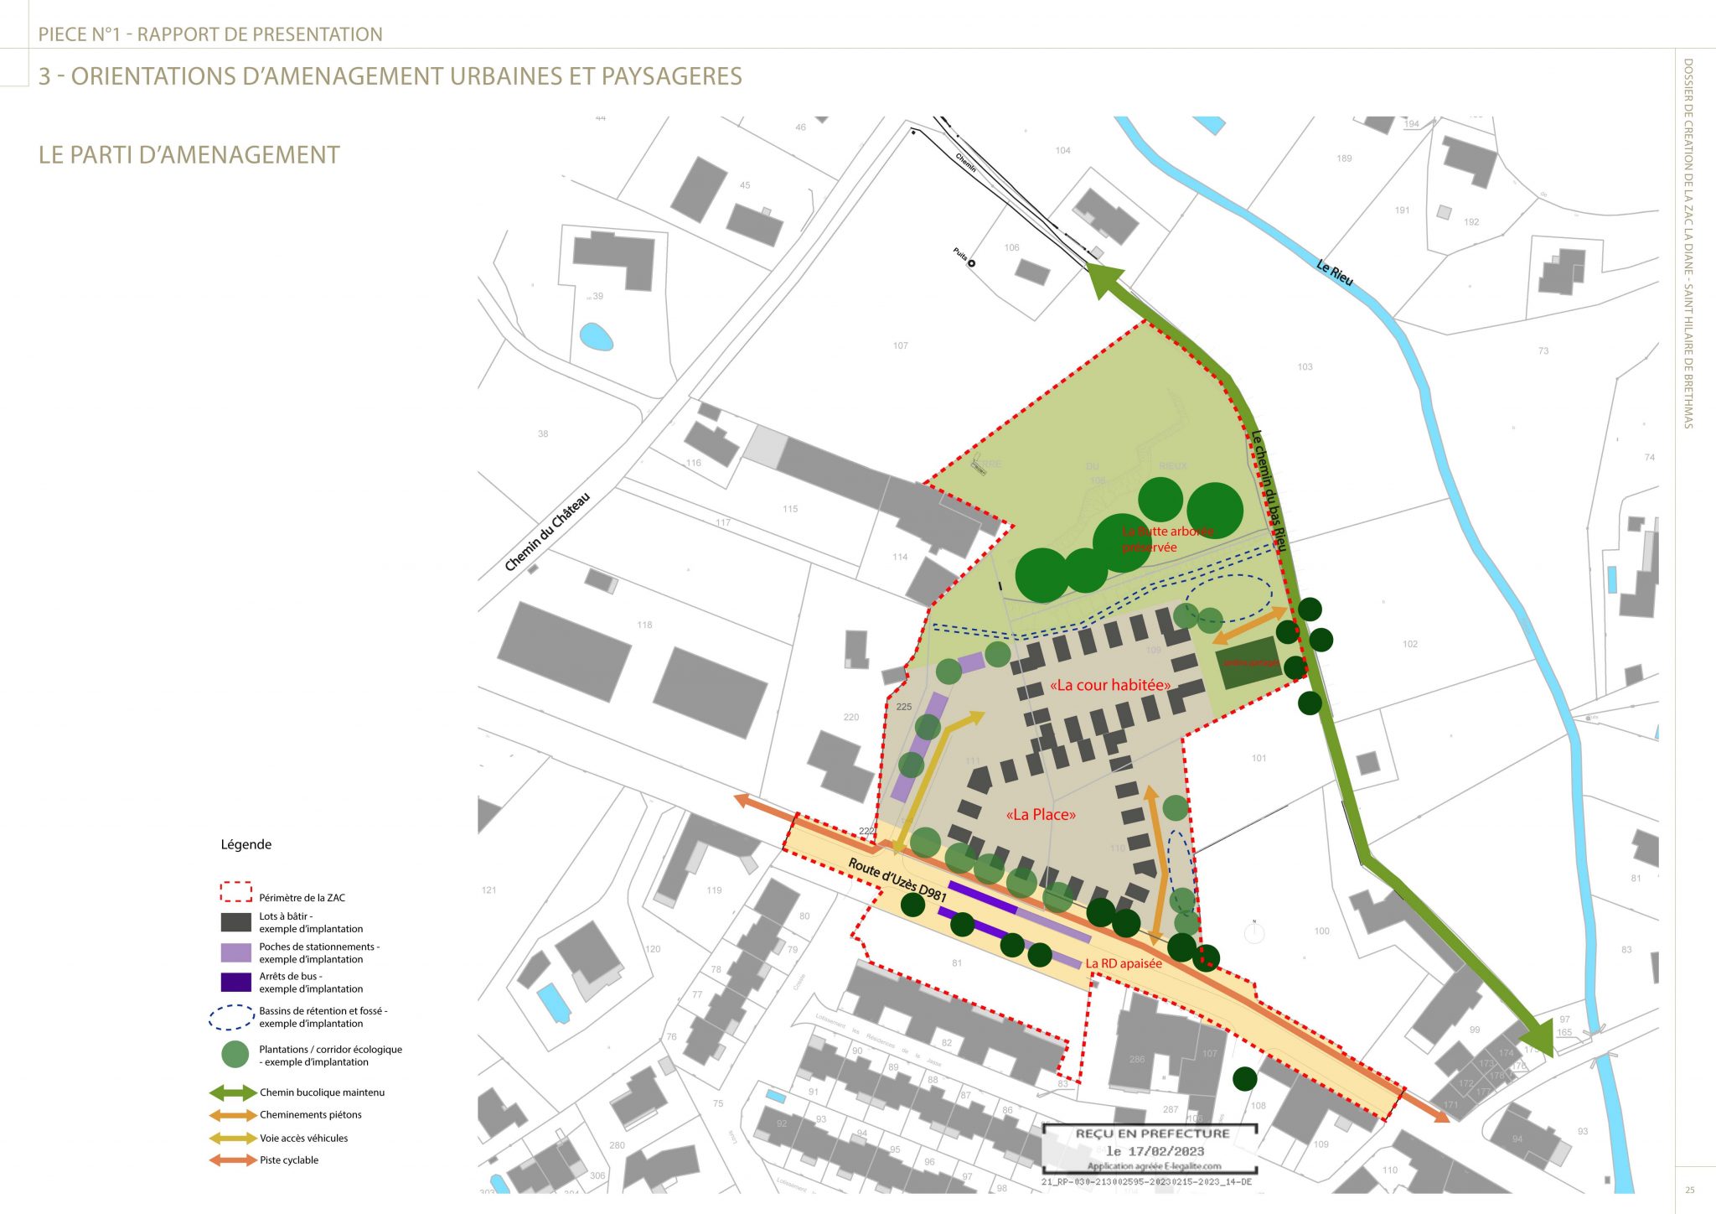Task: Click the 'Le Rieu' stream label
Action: [x=1334, y=272]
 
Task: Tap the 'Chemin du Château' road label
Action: [x=547, y=532]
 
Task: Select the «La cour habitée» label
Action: [x=1109, y=685]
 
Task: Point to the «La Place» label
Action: [x=1041, y=814]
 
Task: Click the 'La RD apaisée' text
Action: [x=1124, y=963]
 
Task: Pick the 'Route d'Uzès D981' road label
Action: [x=897, y=879]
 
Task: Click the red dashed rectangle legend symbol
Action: [x=235, y=892]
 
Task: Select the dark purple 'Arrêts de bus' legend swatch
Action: [x=235, y=982]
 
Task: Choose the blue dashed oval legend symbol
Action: [x=231, y=1018]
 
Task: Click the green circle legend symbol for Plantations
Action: [x=235, y=1054]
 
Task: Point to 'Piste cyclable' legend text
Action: [x=289, y=1160]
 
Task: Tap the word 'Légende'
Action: [x=246, y=844]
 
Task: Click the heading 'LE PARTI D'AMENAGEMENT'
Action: [x=189, y=155]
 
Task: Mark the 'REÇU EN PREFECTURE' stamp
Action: [x=1152, y=1134]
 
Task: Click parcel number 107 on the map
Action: [x=900, y=345]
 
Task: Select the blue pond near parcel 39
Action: [x=596, y=337]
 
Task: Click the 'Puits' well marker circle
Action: [x=972, y=263]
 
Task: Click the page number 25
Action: [x=1690, y=1190]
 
